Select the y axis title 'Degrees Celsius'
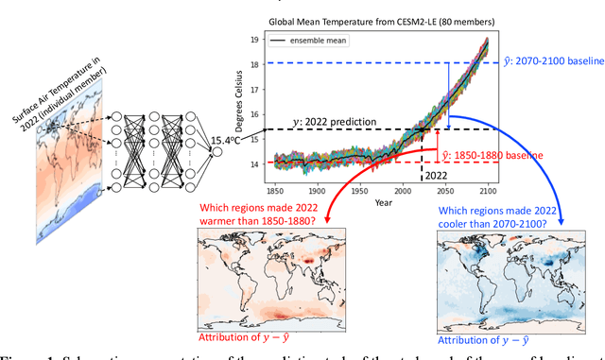[229, 102]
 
